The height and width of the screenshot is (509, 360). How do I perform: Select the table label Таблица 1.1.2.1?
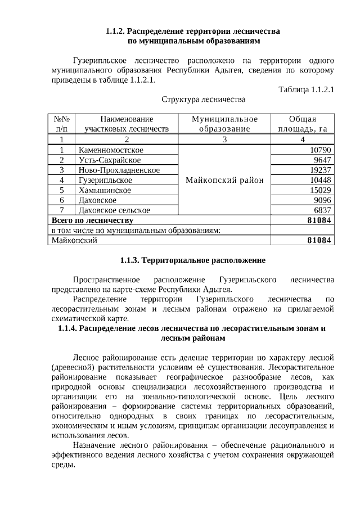[306, 89]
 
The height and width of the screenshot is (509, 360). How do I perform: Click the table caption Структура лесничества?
[204, 100]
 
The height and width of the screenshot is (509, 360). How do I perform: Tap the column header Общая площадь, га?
[302, 124]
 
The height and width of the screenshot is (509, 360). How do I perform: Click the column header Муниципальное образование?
[224, 124]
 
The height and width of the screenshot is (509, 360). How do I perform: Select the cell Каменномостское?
[111, 150]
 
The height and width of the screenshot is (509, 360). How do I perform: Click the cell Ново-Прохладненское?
[120, 170]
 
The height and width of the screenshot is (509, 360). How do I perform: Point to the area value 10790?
[320, 150]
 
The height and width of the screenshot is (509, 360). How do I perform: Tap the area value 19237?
[320, 170]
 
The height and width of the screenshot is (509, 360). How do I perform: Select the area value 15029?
[320, 190]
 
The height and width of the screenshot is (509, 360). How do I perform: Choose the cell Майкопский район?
[224, 180]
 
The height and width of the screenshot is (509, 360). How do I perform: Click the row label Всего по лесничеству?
[92, 220]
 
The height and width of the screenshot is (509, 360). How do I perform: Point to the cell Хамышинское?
[105, 190]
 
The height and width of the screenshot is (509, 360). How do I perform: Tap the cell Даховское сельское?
[115, 210]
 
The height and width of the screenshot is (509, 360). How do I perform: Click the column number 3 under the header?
[224, 139]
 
